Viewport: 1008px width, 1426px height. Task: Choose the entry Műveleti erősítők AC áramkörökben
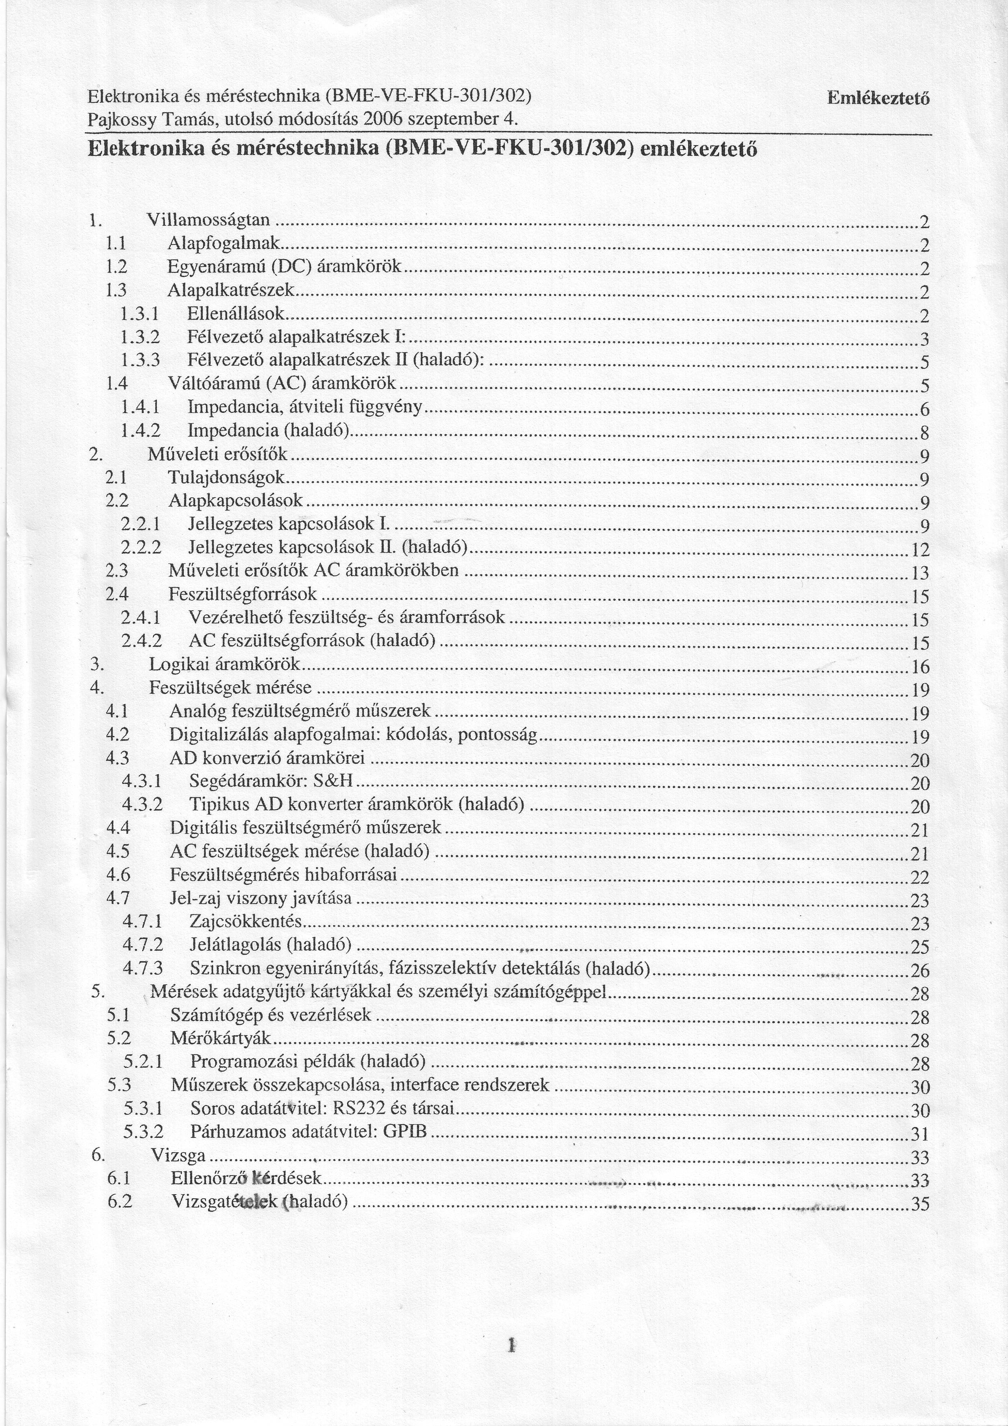click(313, 570)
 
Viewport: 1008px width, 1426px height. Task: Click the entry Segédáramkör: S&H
click(271, 782)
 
